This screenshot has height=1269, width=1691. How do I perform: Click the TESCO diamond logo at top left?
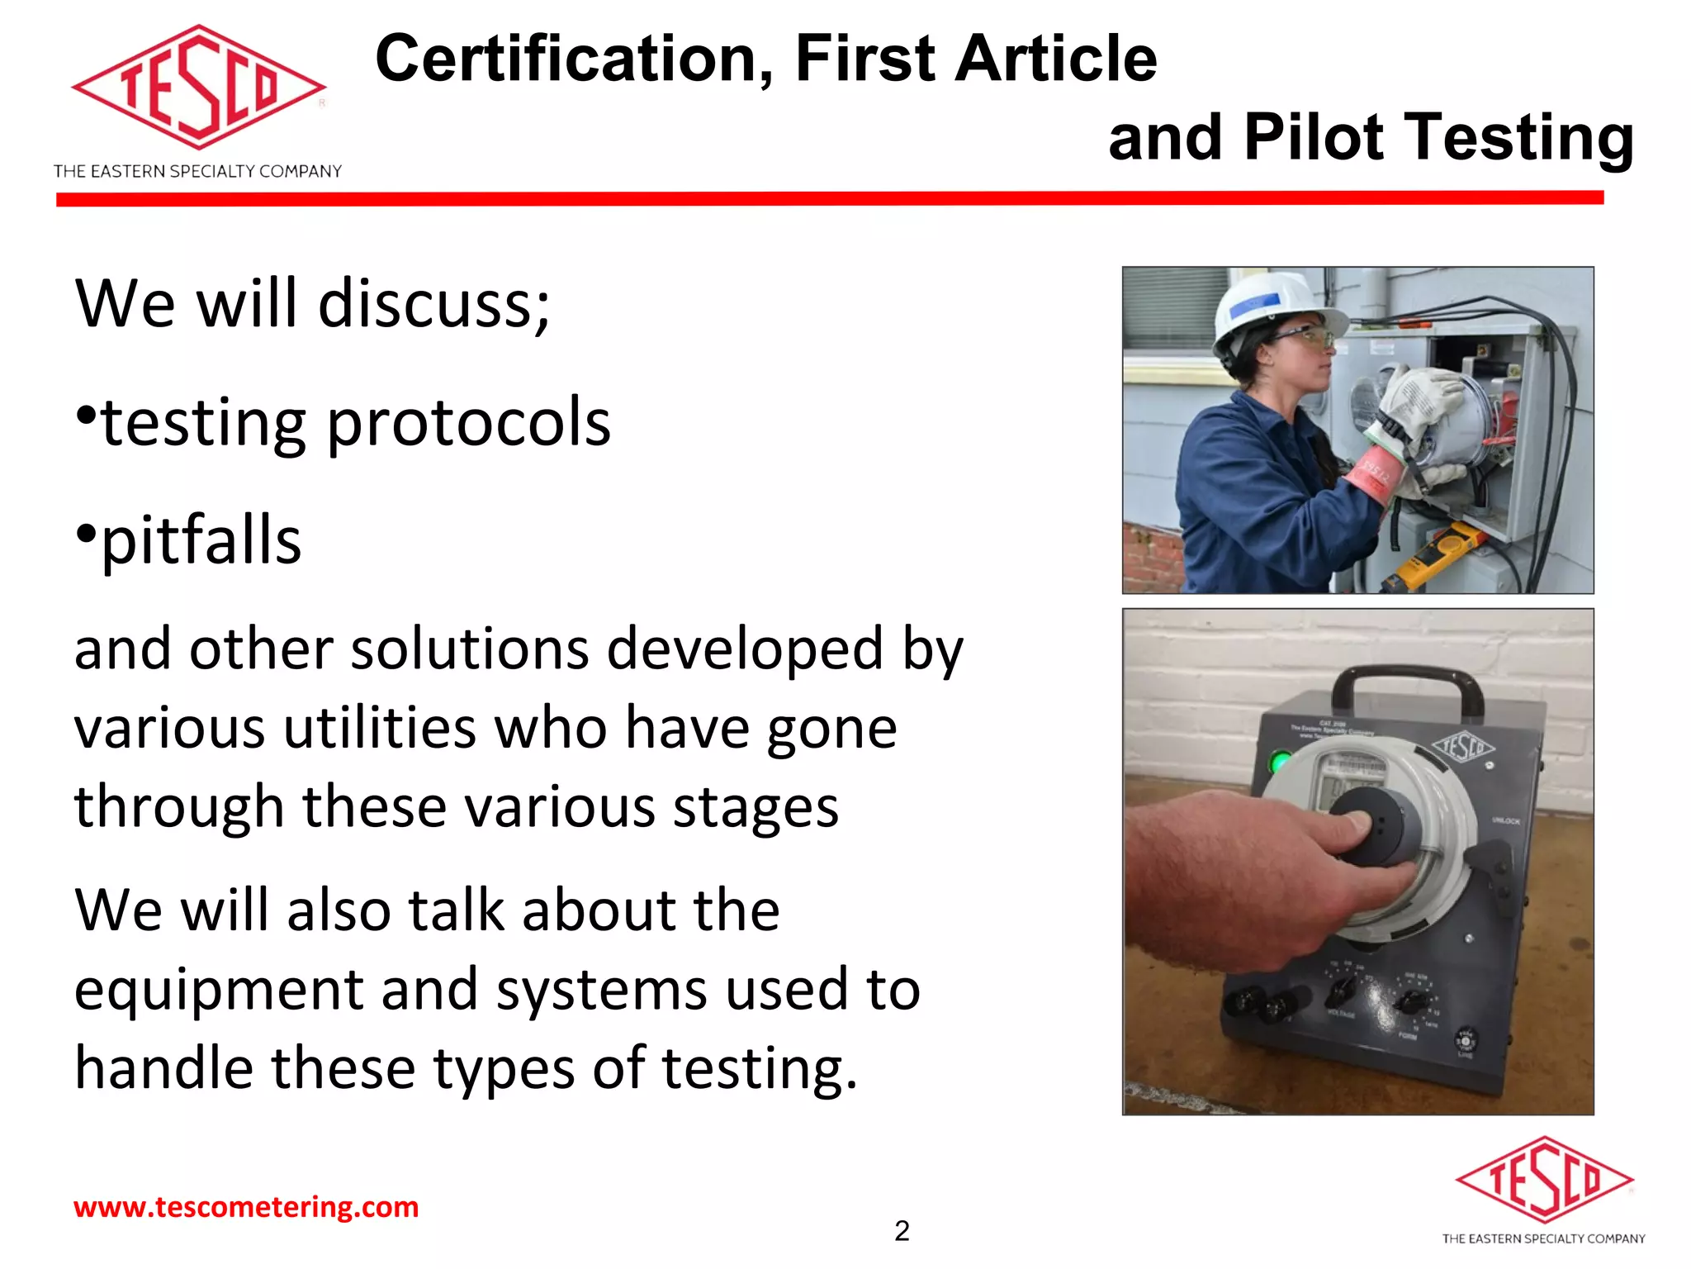click(198, 87)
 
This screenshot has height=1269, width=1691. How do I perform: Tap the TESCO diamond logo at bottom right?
click(1543, 1180)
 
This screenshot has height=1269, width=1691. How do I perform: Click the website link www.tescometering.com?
click(246, 1207)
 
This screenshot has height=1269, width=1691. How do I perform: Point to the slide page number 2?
click(902, 1231)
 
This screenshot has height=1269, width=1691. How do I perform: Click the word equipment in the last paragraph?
click(219, 990)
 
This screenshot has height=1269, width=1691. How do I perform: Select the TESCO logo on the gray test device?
click(1463, 746)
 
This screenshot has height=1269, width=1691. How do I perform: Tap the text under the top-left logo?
click(197, 172)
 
